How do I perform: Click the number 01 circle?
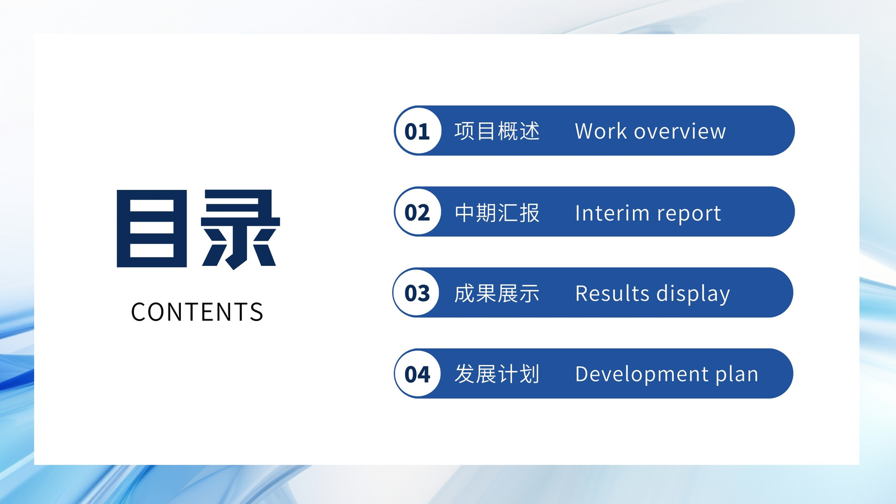(418, 130)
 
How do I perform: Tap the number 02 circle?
(418, 212)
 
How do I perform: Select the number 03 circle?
(417, 293)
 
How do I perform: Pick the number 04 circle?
(417, 374)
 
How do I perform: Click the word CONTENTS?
(197, 312)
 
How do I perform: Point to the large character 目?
(152, 228)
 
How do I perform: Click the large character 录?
(240, 229)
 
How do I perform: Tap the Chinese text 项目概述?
(497, 131)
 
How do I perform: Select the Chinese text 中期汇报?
(497, 212)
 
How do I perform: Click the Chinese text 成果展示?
(497, 293)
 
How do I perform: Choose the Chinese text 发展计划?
(497, 374)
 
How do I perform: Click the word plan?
(737, 375)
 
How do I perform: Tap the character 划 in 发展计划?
(529, 374)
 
